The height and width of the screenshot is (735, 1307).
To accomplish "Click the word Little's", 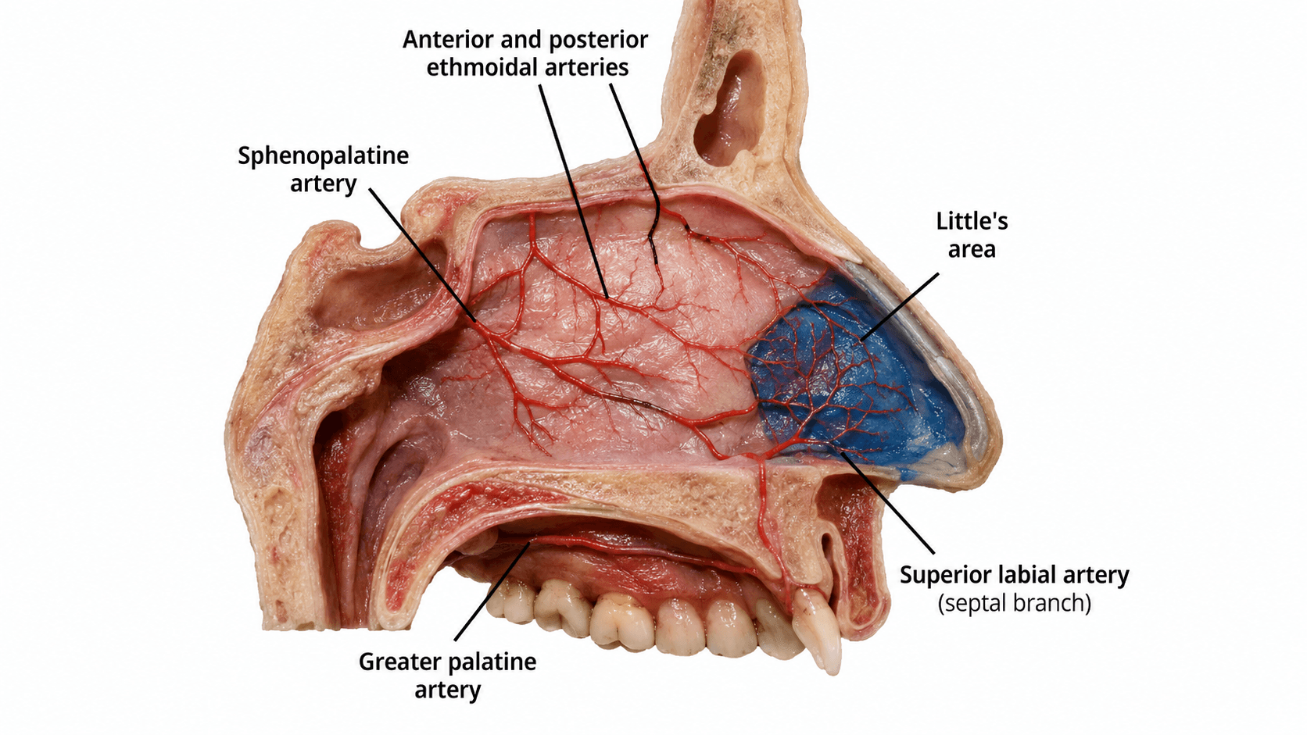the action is [972, 222].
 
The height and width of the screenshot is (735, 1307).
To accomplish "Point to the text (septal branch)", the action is [1015, 603].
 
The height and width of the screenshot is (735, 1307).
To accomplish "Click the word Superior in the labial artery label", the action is [946, 576].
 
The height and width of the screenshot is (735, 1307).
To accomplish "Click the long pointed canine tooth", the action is [818, 630].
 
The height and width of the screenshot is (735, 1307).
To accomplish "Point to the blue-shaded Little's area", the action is [858, 379].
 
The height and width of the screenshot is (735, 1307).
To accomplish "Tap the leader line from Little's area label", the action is [900, 307].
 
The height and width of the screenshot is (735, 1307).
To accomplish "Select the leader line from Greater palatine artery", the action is [492, 591].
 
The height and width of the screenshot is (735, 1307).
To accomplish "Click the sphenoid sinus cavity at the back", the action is [374, 291].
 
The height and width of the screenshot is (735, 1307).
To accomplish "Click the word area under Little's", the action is [972, 250].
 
